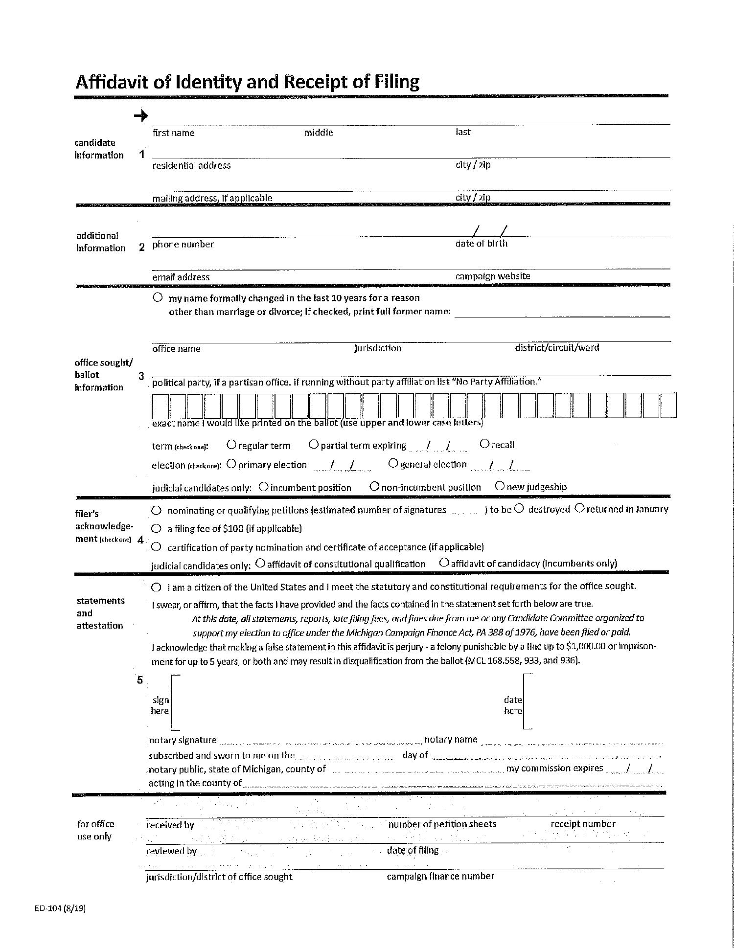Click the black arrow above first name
[x=141, y=116]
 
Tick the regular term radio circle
[x=231, y=445]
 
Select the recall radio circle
[x=484, y=444]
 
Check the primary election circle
[x=231, y=464]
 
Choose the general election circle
[x=393, y=463]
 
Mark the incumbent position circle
[x=263, y=487]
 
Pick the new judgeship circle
[x=500, y=486]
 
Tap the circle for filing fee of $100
[x=156, y=528]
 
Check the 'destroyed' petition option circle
[x=520, y=508]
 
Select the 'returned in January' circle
[x=579, y=508]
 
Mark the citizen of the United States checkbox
[x=156, y=587]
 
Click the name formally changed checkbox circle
[x=158, y=297]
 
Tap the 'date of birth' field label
[x=481, y=244]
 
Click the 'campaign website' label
[x=492, y=276]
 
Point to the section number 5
[x=140, y=680]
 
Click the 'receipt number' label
[x=583, y=824]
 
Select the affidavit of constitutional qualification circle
[x=260, y=563]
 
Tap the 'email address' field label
[x=181, y=277]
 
